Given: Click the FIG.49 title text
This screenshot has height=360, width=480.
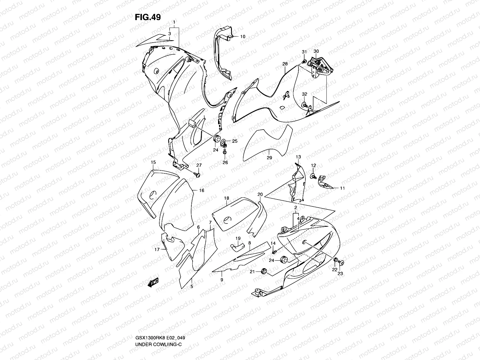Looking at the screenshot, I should (x=147, y=17).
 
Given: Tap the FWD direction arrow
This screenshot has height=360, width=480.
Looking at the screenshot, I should (x=153, y=282).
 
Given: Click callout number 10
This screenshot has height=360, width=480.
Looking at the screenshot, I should (x=242, y=37).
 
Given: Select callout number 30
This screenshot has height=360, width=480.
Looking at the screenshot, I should (x=316, y=51).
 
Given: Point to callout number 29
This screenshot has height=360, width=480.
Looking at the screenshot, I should (x=269, y=157).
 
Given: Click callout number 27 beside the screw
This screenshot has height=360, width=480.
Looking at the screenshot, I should (x=199, y=165).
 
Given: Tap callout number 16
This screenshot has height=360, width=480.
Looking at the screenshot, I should (x=201, y=190).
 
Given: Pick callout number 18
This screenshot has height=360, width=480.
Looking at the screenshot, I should (x=226, y=198).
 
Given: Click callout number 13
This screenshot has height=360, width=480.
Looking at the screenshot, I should (x=298, y=157).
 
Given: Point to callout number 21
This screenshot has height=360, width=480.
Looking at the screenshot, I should (x=252, y=271).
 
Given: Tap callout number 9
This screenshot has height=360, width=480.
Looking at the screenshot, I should (x=222, y=280).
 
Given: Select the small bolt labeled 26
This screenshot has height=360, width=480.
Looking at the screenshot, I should (x=225, y=153).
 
